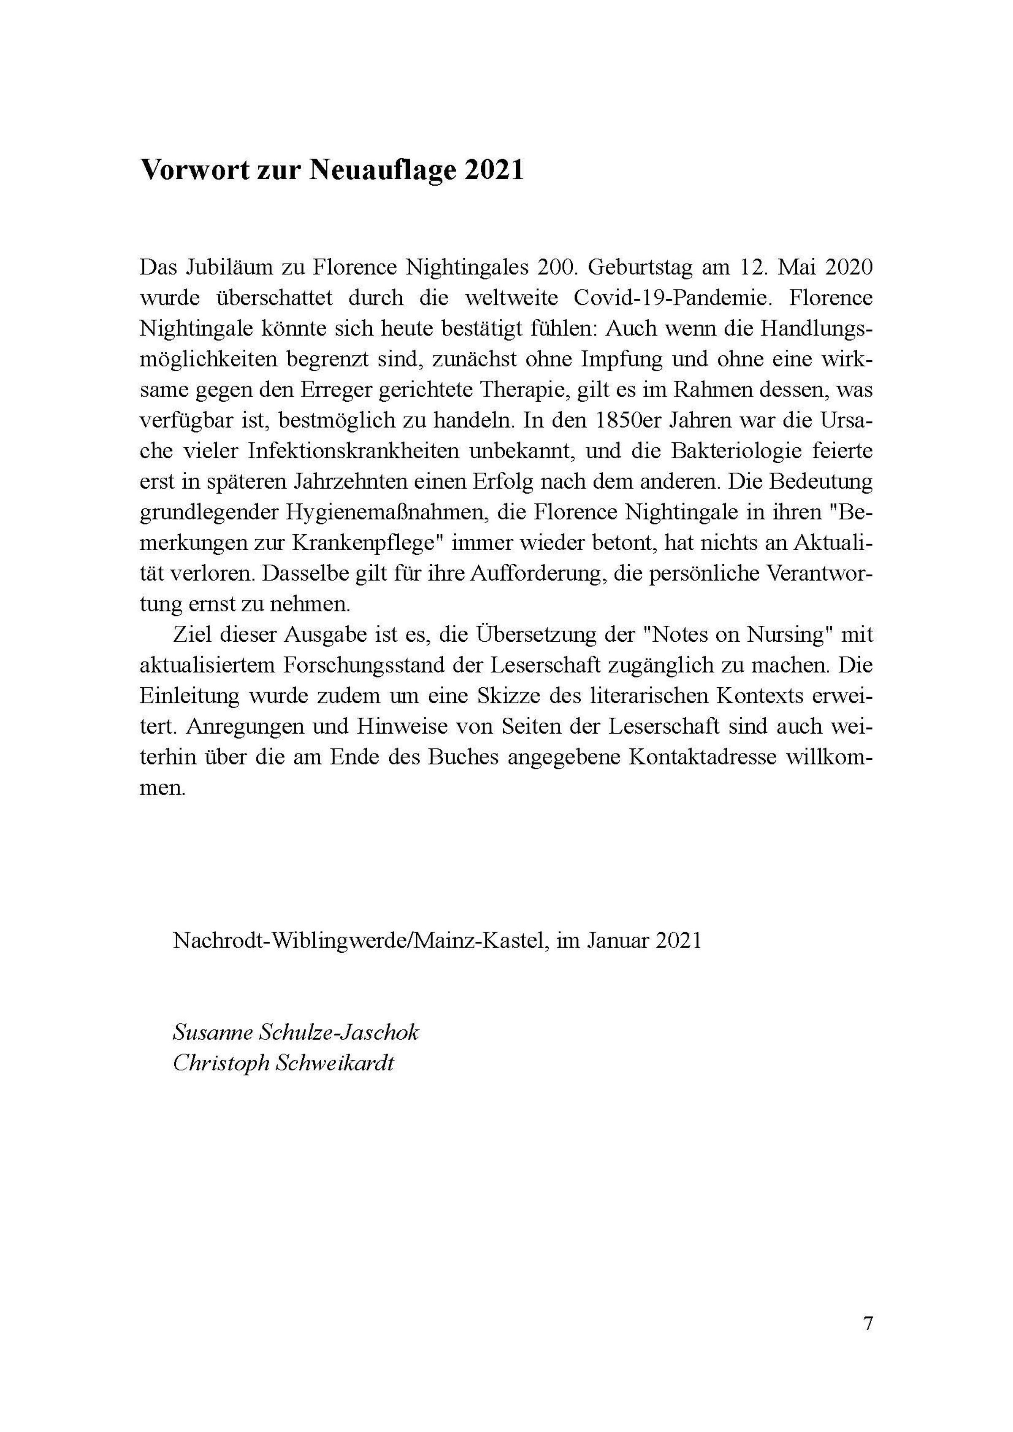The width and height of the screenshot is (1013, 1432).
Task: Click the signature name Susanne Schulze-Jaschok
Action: click(x=295, y=1032)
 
